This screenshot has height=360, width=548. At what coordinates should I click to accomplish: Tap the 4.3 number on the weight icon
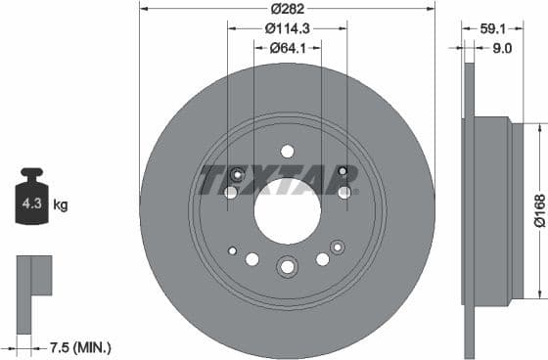[x=31, y=204]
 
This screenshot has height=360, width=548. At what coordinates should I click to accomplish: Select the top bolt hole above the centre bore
[x=287, y=151]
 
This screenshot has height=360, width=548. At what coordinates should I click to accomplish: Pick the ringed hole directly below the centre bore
[x=287, y=265]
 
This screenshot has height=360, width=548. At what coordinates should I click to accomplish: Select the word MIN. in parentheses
[x=95, y=346]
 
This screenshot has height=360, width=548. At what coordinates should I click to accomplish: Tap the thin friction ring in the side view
[x=468, y=207]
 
